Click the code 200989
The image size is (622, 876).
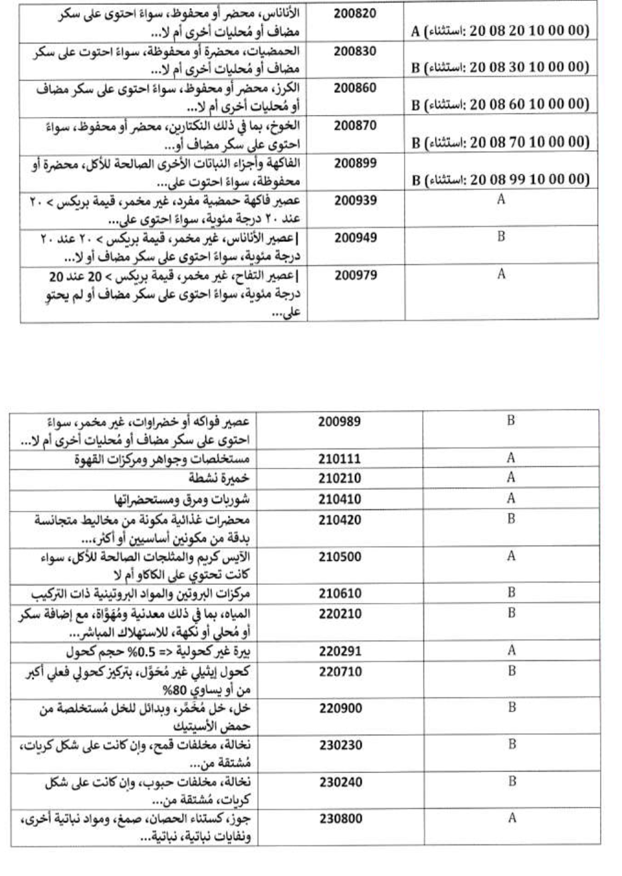coord(340,421)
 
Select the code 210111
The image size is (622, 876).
coord(340,459)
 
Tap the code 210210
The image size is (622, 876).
coord(340,478)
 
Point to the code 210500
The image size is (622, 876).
coord(340,557)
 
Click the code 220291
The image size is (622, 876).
coord(340,651)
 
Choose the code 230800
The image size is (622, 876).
coord(340,819)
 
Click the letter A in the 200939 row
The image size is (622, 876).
coord(501,199)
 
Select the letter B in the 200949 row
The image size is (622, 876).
coord(501,237)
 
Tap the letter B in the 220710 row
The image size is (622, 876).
coord(512,671)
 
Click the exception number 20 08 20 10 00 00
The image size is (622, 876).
coord(529,31)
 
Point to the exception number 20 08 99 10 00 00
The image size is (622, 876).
coord(529,179)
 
